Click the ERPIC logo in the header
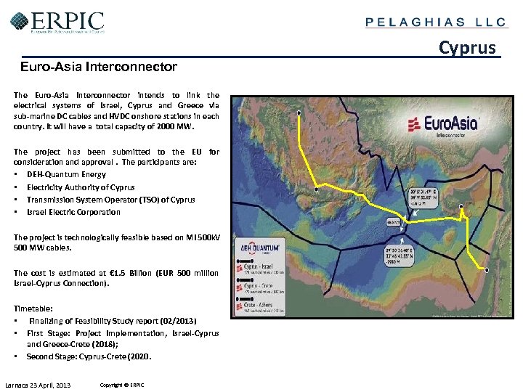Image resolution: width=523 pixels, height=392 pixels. tap(57, 22)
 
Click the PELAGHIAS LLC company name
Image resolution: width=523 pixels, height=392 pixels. tap(435, 22)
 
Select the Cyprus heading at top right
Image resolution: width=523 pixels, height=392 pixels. tap(468, 48)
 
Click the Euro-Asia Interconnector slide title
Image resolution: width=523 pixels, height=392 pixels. tap(98, 67)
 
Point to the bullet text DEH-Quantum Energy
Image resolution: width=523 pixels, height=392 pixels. tap(66, 174)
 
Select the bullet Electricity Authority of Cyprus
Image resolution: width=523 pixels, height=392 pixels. tap(81, 187)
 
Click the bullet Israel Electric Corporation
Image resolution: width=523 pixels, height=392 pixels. tap(73, 212)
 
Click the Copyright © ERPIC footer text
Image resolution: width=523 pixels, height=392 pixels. tap(122, 384)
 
